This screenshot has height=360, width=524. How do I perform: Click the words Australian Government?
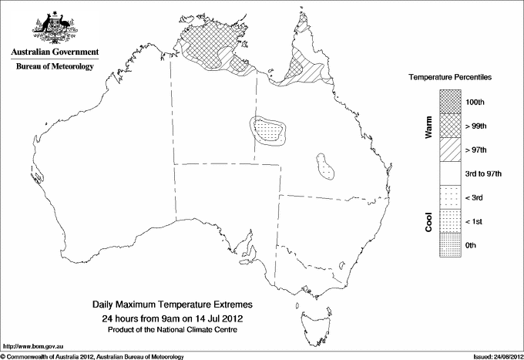tap(55, 52)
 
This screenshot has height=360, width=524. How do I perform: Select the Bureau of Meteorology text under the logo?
tap(55, 67)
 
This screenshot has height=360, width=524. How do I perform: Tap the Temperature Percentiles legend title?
tap(451, 79)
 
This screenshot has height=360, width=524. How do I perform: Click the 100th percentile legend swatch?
tap(451, 102)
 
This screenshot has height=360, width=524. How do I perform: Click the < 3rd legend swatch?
tap(451, 197)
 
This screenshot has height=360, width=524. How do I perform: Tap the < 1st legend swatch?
tap(451, 221)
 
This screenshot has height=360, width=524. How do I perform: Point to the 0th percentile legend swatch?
tap(451, 245)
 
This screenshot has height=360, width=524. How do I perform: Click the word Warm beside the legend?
tap(428, 127)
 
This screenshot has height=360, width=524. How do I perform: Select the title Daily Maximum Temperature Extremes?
tap(173, 304)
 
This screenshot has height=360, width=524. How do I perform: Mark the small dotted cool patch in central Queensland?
tap(326, 164)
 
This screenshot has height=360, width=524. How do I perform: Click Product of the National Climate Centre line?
tap(173, 329)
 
